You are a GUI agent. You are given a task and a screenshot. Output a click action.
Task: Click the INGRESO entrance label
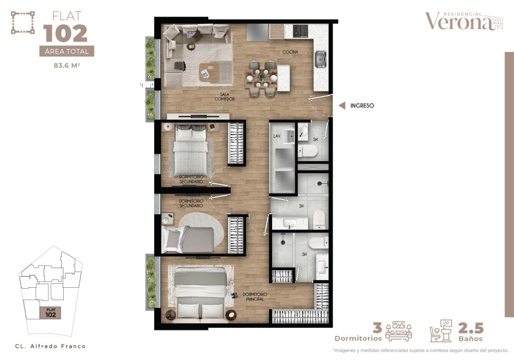362,106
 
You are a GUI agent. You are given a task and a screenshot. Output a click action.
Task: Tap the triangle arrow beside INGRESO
341,106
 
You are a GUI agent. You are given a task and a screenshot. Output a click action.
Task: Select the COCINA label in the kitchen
290,52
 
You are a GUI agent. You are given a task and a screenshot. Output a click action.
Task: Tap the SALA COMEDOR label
224,96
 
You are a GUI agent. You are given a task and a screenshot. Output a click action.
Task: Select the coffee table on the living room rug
209,72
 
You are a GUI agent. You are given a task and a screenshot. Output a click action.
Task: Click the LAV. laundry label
276,136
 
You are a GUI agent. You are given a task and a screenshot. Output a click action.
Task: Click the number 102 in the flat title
65,34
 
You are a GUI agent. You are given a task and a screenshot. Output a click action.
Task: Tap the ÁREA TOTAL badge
66,51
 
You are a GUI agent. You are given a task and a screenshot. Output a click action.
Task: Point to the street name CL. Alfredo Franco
50,346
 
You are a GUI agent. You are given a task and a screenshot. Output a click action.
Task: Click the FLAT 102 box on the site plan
50,313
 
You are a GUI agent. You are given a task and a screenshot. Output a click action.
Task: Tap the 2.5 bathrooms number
470,328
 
